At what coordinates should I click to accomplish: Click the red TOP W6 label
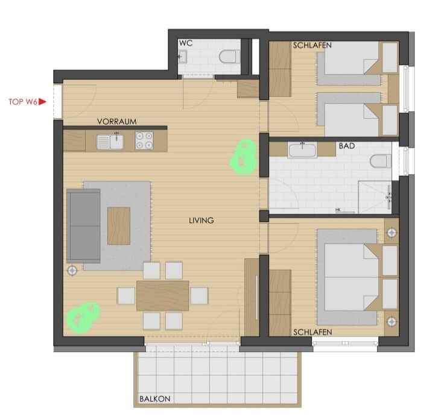point(27,102)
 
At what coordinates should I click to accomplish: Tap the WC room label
point(186,43)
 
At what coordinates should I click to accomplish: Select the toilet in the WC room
point(229,57)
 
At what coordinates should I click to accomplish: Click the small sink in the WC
point(182,57)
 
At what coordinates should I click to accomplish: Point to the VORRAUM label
point(117,122)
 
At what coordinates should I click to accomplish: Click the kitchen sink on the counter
point(110,142)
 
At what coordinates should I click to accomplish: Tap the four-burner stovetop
point(144,140)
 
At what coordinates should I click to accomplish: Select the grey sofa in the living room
point(83,226)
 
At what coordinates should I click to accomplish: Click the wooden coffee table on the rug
point(119,226)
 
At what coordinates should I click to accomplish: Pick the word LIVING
point(202,221)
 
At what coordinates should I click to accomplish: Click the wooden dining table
point(162,296)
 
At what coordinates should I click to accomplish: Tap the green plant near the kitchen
point(243,157)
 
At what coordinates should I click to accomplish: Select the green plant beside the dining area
point(83,318)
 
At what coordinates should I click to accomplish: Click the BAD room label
point(347,146)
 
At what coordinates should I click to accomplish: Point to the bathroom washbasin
point(302,150)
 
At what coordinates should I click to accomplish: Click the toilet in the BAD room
point(381,161)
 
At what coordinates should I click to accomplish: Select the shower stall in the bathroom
point(375,197)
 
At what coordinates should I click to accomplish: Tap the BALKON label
point(155,399)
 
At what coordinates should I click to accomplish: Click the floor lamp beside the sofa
point(72,271)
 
